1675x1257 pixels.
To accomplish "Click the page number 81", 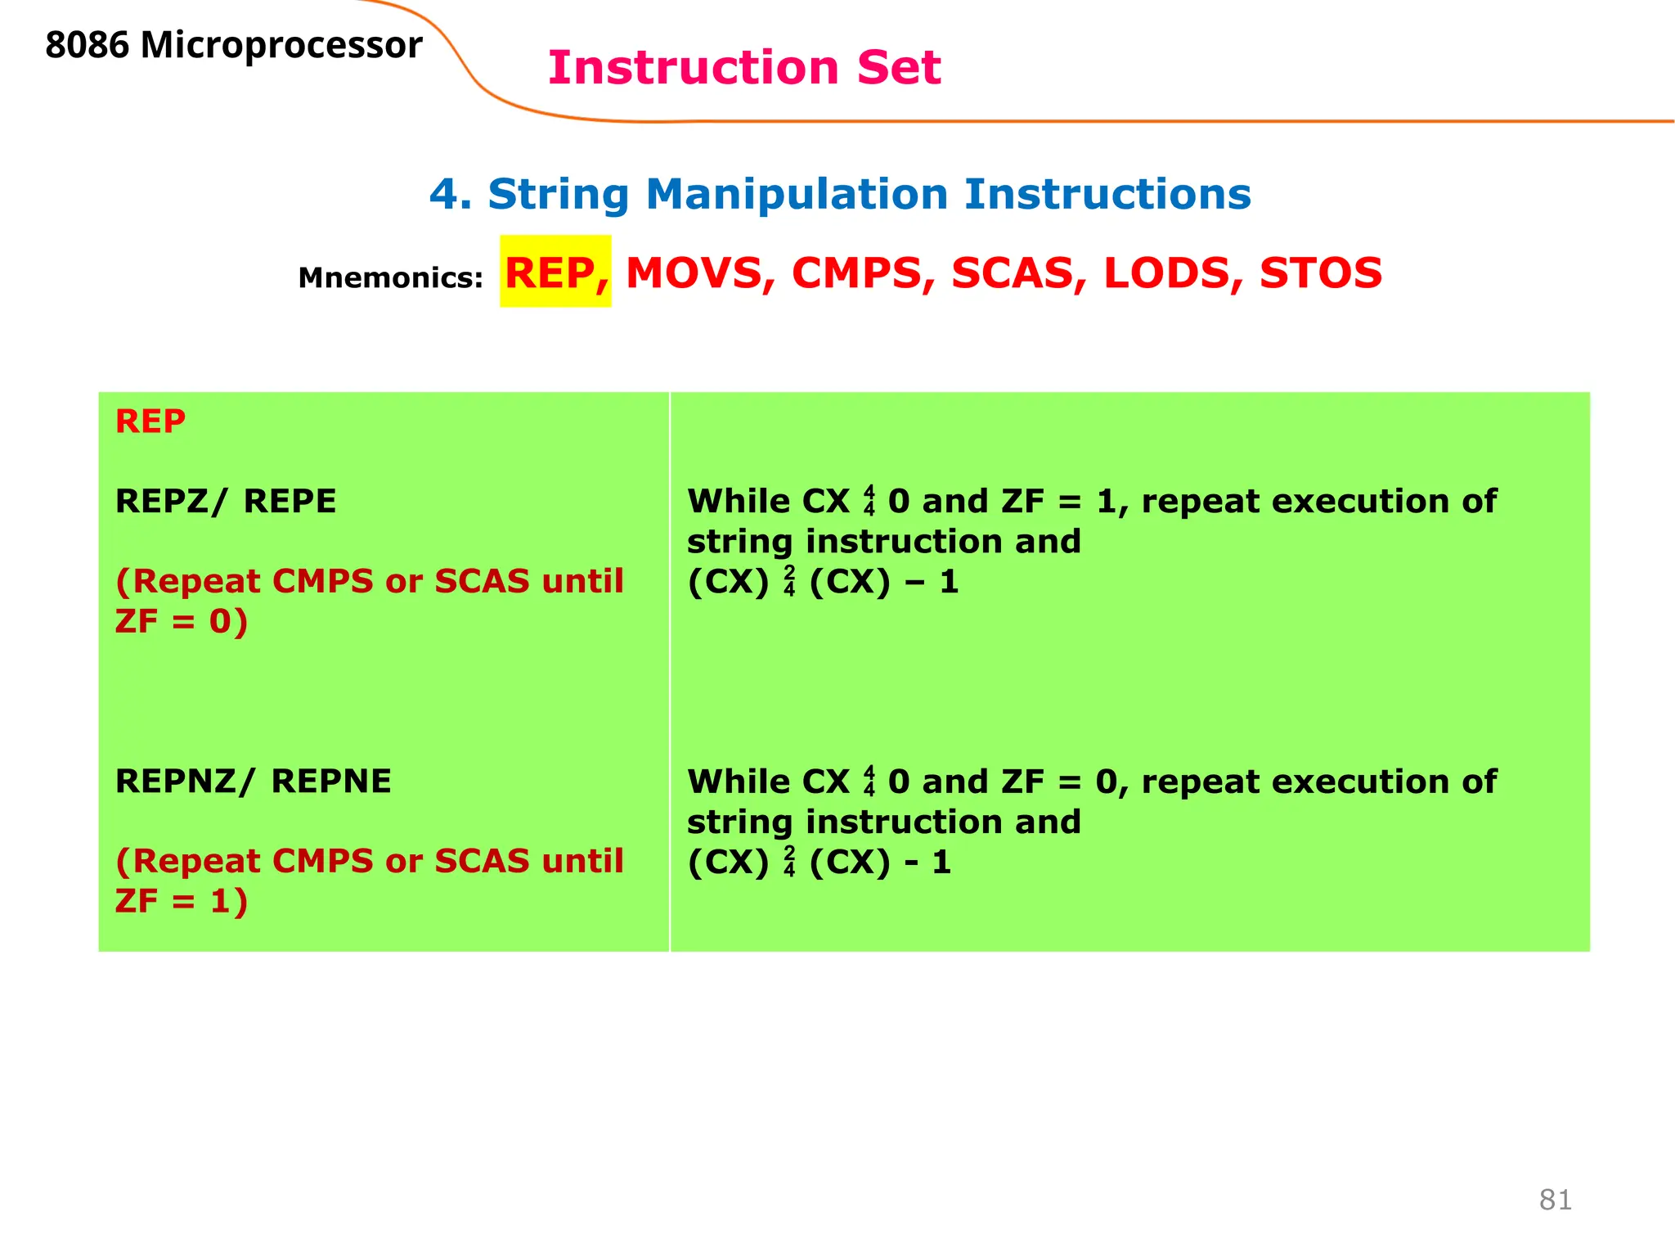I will tap(1555, 1200).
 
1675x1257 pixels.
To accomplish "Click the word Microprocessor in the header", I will tap(281, 46).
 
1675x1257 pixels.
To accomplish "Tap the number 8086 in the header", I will tap(87, 46).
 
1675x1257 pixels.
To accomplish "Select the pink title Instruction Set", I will tap(744, 68).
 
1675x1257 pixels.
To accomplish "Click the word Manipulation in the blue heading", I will tap(797, 195).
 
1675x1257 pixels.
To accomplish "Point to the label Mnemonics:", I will tap(391, 278).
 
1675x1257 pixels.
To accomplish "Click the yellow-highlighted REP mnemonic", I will tap(555, 273).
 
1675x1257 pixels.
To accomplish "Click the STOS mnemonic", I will tap(1320, 273).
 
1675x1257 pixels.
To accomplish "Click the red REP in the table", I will tap(150, 421).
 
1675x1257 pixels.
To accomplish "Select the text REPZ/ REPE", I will tap(226, 501).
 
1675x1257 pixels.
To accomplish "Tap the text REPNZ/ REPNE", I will tap(254, 781).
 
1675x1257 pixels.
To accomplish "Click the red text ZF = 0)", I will tap(181, 621).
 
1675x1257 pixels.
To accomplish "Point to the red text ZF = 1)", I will tap(181, 901).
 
